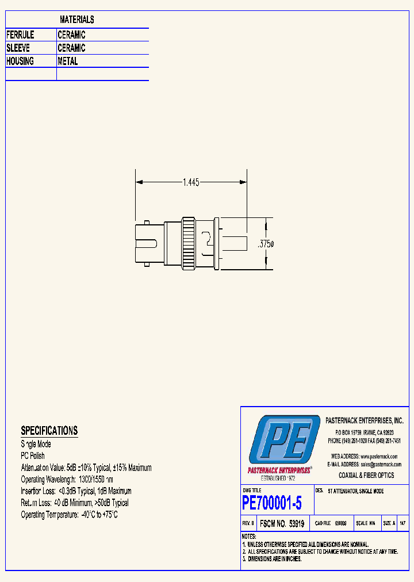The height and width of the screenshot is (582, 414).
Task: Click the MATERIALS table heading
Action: tap(76, 20)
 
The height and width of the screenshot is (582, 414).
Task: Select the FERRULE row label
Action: tap(20, 35)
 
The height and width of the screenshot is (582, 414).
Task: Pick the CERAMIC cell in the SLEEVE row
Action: tap(71, 48)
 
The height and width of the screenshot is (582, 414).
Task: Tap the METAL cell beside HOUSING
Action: tap(68, 62)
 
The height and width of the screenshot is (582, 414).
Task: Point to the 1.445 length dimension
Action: tap(191, 182)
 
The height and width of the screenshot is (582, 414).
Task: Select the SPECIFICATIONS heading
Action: tap(49, 431)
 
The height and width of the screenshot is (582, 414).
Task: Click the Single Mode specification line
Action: tap(36, 444)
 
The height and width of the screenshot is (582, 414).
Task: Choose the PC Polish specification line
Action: tap(33, 455)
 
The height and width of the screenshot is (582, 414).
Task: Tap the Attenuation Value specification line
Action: tap(86, 468)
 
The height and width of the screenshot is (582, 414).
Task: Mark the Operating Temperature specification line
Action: tap(69, 515)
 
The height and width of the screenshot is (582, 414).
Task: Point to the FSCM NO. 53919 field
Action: tap(282, 524)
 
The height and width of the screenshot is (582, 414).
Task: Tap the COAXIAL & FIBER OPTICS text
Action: tap(366, 475)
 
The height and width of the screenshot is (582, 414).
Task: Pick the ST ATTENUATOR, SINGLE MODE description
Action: tap(355, 492)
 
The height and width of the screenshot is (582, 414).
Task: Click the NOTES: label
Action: tap(249, 536)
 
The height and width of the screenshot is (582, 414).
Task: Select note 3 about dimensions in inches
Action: tap(273, 558)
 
